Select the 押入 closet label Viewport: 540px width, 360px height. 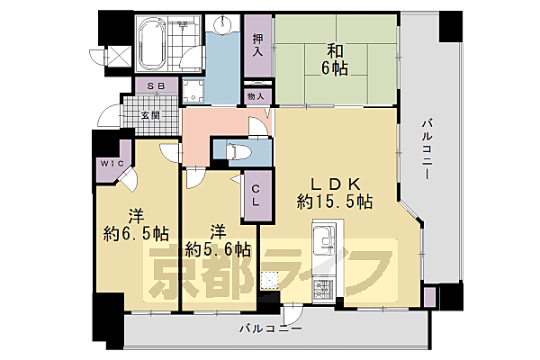[x=257, y=45]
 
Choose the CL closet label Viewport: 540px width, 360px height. [x=256, y=195]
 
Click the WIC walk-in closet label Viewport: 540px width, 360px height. [x=112, y=164]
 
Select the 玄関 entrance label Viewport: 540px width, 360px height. [x=150, y=114]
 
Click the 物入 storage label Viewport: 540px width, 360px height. [x=255, y=95]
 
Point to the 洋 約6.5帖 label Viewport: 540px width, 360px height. [x=136, y=225]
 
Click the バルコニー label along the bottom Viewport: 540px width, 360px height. [x=270, y=329]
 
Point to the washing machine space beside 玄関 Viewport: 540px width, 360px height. [x=191, y=90]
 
